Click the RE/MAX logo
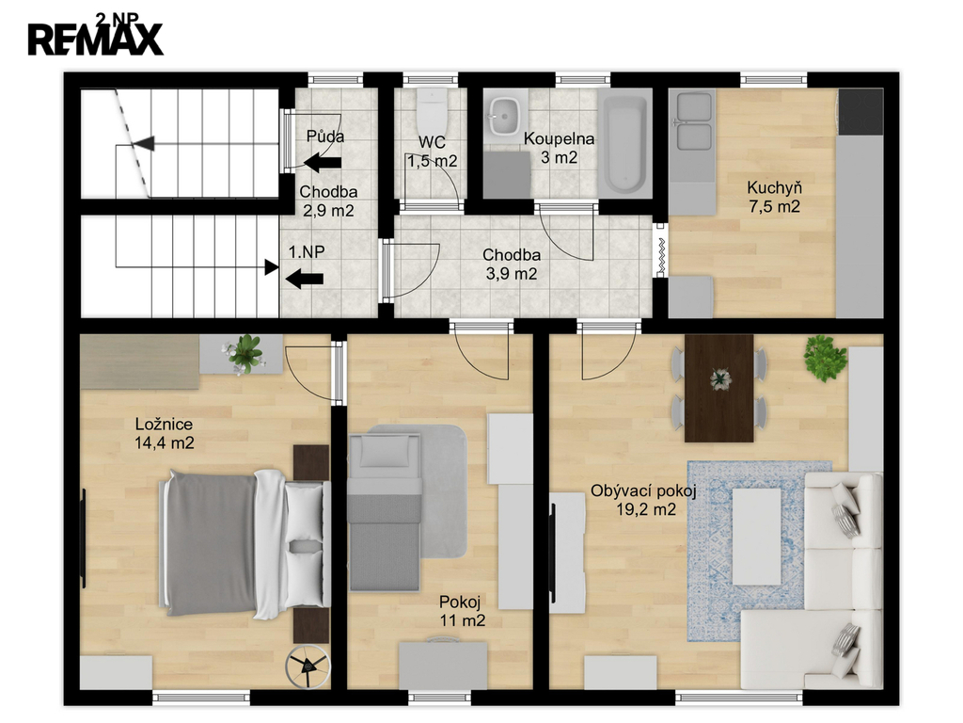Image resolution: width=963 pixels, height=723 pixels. tap(96, 39)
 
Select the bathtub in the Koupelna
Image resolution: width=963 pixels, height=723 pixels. tap(624, 143)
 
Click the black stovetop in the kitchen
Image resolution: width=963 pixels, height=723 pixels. tap(860, 112)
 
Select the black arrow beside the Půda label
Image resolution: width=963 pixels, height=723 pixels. tap(324, 163)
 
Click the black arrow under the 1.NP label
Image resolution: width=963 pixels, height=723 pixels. tap(305, 279)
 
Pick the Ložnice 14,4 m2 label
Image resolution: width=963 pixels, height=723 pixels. tap(164, 433)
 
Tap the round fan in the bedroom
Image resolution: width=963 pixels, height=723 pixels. tap(308, 666)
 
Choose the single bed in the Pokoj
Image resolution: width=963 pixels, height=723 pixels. tap(385, 513)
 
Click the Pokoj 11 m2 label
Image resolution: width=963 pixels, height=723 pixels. tap(462, 611)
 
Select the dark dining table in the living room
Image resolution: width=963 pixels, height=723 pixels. tap(719, 388)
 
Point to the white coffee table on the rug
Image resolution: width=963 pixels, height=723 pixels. tap(757, 536)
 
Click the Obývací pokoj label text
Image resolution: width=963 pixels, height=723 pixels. tap(643, 490)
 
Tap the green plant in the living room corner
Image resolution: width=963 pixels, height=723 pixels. tap(826, 359)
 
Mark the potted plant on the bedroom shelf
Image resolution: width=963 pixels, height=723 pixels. tap(245, 355)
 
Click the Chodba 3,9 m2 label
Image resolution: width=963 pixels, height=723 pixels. tap(512, 264)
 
